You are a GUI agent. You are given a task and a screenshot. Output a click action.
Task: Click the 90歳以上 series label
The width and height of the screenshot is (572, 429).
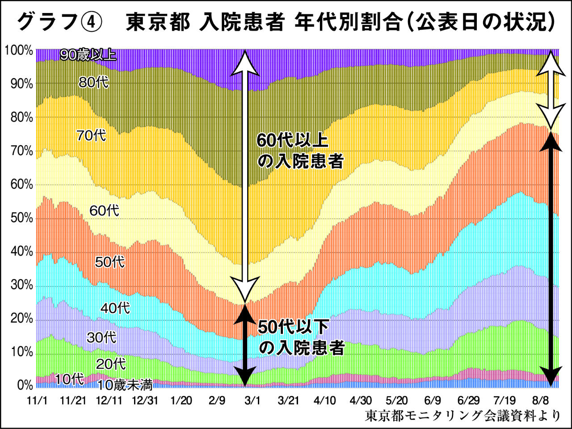(x=88, y=55)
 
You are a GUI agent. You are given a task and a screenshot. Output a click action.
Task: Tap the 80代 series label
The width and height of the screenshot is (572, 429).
(x=93, y=82)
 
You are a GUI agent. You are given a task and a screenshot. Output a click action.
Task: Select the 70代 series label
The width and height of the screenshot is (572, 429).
(x=91, y=135)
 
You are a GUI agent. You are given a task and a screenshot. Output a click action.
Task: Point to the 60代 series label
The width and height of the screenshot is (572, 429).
(x=104, y=210)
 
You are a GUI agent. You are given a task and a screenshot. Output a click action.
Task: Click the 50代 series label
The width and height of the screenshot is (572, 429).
(x=109, y=261)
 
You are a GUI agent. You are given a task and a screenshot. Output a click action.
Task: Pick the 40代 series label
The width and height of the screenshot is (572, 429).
(x=115, y=308)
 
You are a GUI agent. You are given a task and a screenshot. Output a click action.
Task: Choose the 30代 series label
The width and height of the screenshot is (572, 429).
(x=101, y=337)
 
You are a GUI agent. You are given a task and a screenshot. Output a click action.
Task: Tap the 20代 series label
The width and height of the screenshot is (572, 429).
(x=111, y=364)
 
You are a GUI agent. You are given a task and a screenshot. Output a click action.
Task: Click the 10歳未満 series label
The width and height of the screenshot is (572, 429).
(x=125, y=384)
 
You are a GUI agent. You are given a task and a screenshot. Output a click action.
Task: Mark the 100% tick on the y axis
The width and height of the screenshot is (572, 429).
(x=19, y=50)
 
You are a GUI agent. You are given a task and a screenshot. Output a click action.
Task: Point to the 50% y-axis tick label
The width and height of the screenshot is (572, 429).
(x=21, y=218)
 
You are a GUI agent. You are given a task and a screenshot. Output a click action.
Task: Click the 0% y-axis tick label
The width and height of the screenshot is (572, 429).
(x=24, y=385)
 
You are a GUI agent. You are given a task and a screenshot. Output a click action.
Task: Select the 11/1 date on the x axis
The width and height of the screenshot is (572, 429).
(x=37, y=400)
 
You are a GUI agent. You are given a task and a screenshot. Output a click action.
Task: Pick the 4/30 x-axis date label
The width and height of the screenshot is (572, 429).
(x=360, y=400)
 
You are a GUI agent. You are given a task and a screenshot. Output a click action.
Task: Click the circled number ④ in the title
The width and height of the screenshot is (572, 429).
(x=93, y=22)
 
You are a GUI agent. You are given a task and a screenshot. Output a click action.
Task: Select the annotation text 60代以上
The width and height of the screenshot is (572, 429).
(x=293, y=141)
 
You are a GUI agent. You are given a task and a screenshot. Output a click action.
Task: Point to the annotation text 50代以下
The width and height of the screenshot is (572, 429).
(x=294, y=327)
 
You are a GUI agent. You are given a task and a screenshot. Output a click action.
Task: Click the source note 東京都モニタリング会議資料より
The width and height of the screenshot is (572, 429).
(x=463, y=416)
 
